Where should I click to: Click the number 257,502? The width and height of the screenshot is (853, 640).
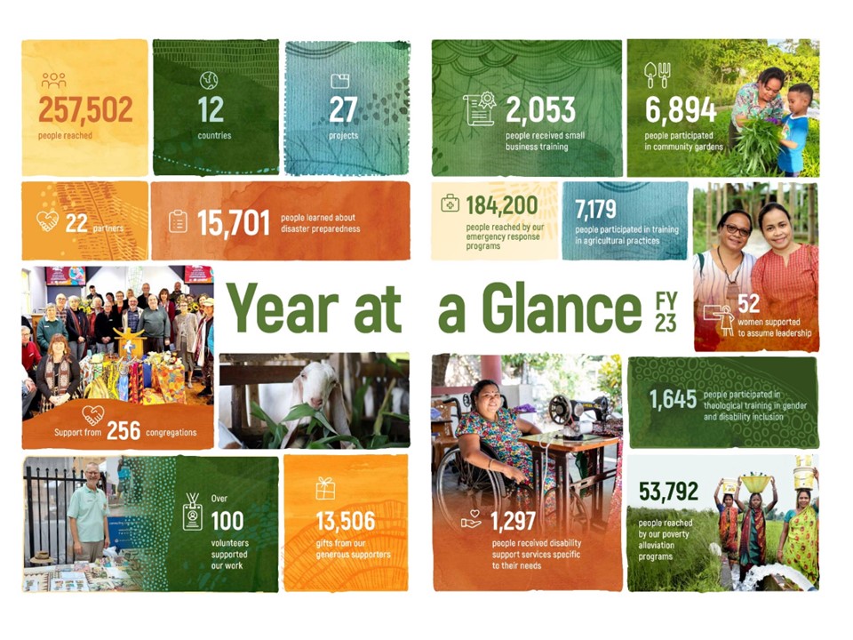(x=85, y=109)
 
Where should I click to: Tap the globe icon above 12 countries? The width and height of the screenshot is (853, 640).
(x=209, y=81)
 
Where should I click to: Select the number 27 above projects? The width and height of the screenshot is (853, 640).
(x=343, y=110)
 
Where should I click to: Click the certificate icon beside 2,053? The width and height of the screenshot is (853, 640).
(x=480, y=108)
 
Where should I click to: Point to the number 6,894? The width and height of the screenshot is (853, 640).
(x=681, y=110)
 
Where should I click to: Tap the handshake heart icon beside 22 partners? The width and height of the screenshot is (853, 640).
(x=47, y=221)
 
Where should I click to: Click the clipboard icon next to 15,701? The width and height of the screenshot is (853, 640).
(x=178, y=221)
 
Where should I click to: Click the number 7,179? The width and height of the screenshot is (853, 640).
(x=595, y=210)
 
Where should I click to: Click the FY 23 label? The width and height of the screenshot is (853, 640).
(x=666, y=312)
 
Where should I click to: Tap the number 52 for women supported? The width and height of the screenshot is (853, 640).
(x=748, y=304)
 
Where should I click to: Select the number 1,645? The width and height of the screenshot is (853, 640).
(x=673, y=399)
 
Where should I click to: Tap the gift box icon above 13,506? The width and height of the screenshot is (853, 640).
(x=326, y=488)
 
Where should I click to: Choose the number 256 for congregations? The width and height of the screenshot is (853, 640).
(x=124, y=431)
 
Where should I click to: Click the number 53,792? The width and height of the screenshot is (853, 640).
(x=668, y=492)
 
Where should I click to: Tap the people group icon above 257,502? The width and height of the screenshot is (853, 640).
(x=53, y=81)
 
